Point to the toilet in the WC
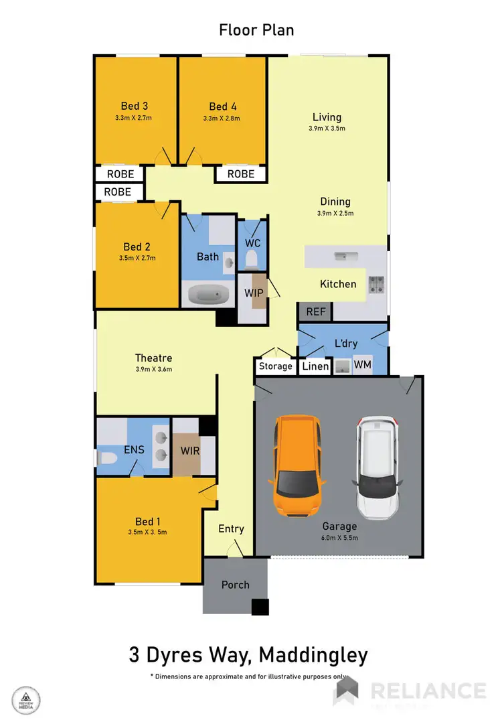click(252, 259)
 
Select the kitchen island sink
click(347, 255)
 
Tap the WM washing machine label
click(362, 365)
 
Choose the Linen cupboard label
click(315, 366)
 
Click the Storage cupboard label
click(276, 366)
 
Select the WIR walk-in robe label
click(190, 449)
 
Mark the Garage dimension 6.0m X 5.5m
click(339, 538)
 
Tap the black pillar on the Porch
click(260, 607)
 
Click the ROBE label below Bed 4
click(241, 173)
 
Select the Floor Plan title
click(256, 30)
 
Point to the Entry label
click(231, 528)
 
